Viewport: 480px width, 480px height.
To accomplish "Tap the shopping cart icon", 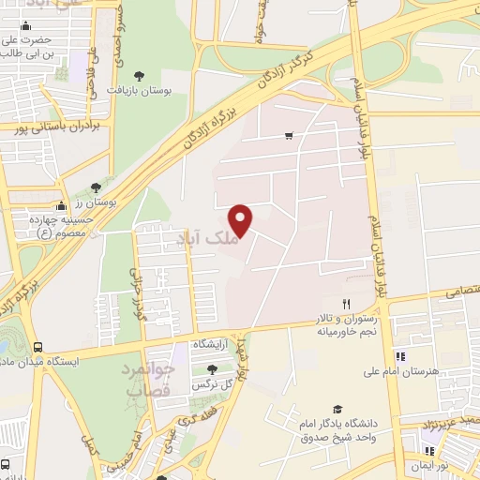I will coord(288,136).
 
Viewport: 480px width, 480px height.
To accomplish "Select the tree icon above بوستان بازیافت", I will coord(140,75).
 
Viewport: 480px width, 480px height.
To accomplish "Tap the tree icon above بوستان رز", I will coord(96,188).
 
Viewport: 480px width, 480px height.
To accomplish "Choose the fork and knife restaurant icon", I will coord(346,303).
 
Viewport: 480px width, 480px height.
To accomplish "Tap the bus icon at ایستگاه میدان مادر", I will coord(38,346).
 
